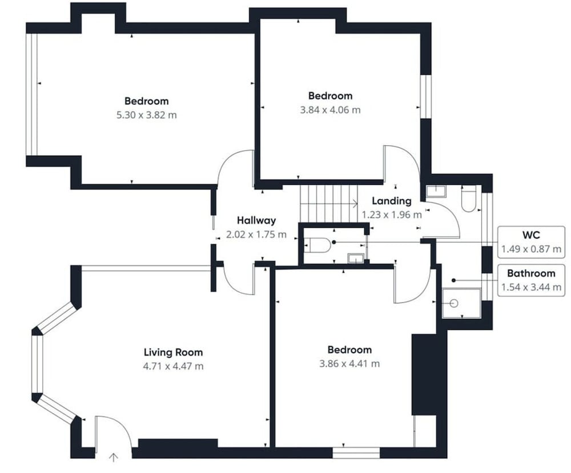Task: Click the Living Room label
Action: coord(173,352)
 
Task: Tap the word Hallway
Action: coord(256,220)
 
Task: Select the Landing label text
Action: coord(392,201)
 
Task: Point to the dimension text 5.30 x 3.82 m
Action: coord(146,115)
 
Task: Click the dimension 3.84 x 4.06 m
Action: coord(330,110)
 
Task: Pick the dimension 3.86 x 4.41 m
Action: coord(349,363)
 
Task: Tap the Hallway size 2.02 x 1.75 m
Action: coord(256,235)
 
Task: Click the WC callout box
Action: coord(531,242)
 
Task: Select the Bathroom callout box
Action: coord(531,280)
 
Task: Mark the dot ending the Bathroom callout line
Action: coord(454,280)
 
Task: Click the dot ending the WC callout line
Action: coord(334,242)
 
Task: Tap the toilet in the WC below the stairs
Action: coord(317,245)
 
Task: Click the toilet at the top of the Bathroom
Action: coord(469,199)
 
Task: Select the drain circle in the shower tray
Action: coord(454,303)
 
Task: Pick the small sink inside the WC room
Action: coord(355,258)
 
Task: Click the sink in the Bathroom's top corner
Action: coord(436,191)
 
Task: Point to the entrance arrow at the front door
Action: coord(113,458)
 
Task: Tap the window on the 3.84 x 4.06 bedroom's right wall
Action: coord(426,97)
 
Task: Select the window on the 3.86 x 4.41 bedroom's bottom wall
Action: coord(356,452)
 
